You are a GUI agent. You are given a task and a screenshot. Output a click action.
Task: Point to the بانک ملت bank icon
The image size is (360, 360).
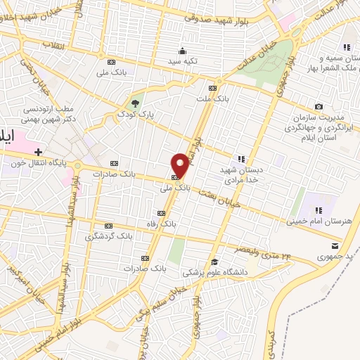[x=213, y=88]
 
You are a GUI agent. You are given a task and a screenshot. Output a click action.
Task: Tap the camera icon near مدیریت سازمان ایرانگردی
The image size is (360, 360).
[x=319, y=107]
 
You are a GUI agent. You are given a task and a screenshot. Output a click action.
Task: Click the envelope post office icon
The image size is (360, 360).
[x=335, y=245]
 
